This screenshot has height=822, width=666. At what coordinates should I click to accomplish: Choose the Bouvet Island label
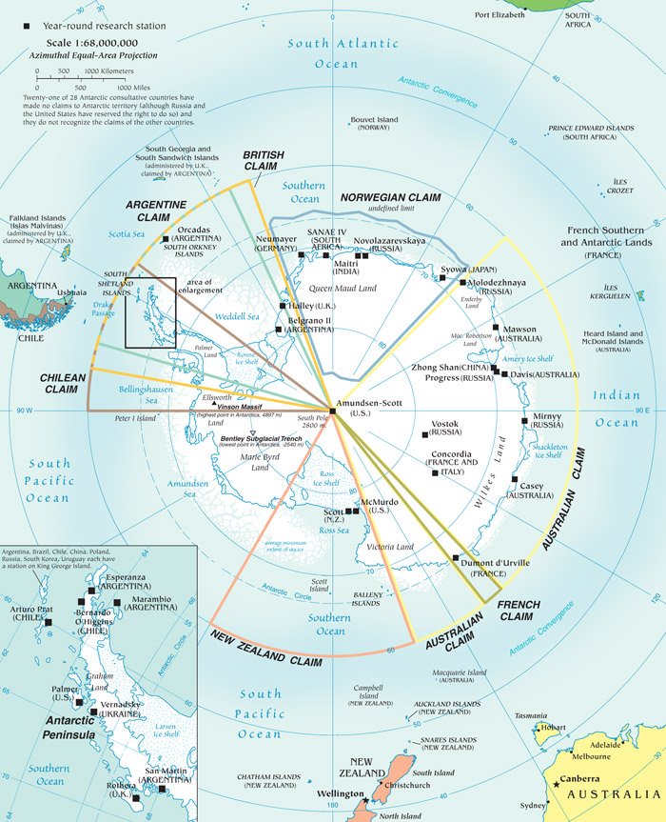pos(374,120)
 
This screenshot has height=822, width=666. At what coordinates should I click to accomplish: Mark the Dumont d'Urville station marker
pos(456,558)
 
